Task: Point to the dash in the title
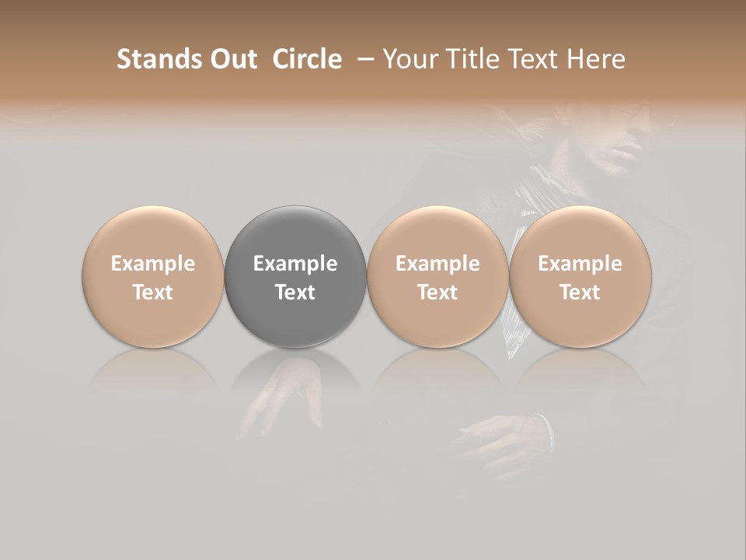click(364, 60)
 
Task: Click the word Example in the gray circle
click(295, 264)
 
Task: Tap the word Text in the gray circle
click(295, 292)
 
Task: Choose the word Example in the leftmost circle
click(153, 264)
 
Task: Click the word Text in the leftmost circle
click(153, 292)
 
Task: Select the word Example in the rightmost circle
click(580, 264)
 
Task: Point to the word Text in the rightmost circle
click(580, 292)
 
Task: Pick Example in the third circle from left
click(437, 264)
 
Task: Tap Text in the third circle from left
click(437, 292)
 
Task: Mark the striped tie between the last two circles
click(516, 327)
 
